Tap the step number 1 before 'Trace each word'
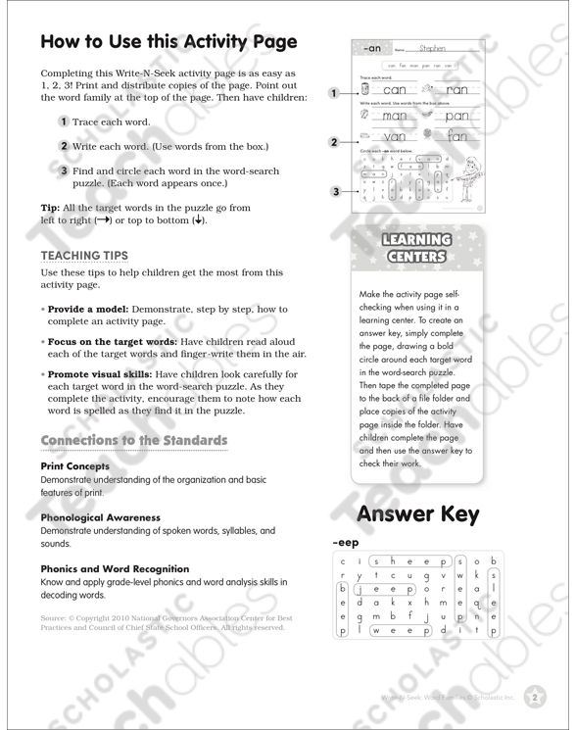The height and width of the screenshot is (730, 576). coord(63,122)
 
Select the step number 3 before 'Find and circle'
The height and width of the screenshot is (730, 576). coord(63,170)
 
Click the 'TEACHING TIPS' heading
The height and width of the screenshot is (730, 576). coord(84,256)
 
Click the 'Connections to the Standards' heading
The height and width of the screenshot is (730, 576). coord(134,440)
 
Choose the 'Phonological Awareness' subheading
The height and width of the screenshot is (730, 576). coord(100,516)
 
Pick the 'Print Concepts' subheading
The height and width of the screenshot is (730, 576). coord(74,465)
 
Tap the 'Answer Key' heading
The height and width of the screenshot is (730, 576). coord(417,512)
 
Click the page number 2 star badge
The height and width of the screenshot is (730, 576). coord(535,698)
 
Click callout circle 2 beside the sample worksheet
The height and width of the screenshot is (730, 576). coord(334,142)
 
